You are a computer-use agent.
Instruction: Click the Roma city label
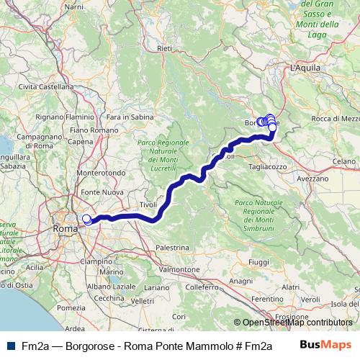click(x=65, y=230)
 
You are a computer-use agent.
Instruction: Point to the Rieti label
click(x=166, y=48)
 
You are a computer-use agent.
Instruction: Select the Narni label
click(x=74, y=6)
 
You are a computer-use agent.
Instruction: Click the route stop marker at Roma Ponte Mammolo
click(x=87, y=220)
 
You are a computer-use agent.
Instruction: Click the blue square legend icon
click(x=6, y=346)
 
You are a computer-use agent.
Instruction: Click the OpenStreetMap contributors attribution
click(x=297, y=323)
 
